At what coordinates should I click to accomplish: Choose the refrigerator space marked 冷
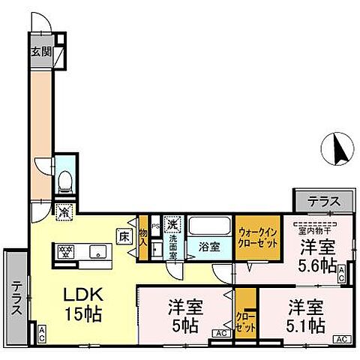point(65,211)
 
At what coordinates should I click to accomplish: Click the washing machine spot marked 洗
point(172,223)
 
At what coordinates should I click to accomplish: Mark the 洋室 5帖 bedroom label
point(183,316)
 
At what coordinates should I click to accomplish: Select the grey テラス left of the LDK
point(16,298)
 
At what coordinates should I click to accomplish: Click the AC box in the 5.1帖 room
point(341,339)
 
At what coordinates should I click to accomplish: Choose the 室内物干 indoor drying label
point(316,221)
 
